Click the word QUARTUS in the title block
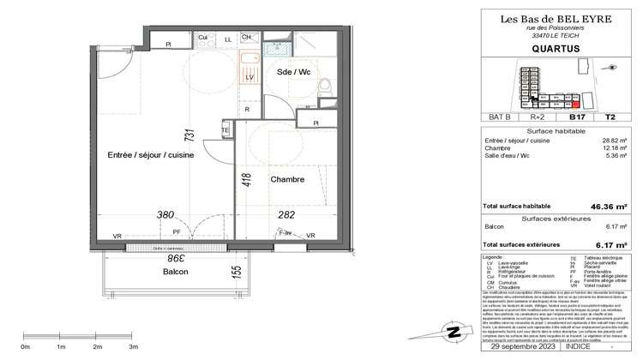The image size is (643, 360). (549, 49)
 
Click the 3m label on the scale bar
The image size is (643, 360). (133, 346)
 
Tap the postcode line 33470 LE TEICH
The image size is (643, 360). (549, 35)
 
